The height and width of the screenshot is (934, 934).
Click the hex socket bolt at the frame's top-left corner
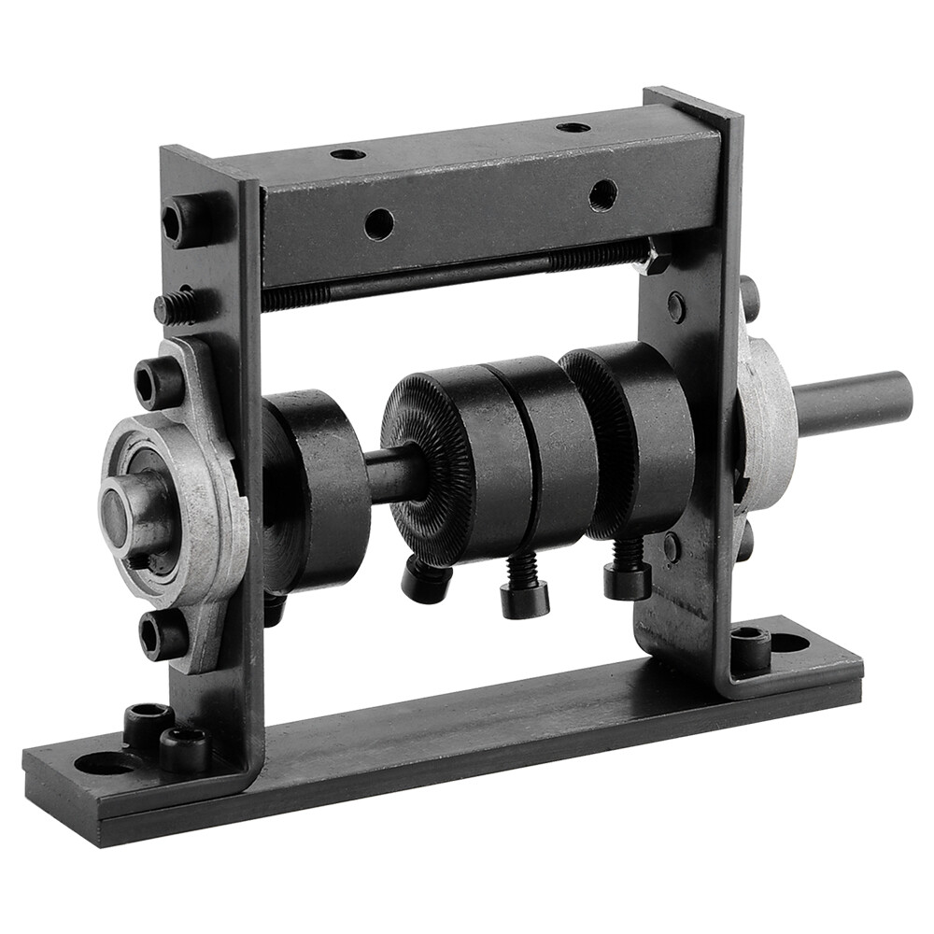tap(179, 221)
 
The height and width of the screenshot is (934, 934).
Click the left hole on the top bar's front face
tap(378, 224)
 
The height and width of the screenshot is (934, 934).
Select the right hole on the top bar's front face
tap(602, 195)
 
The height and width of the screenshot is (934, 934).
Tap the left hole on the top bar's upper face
tap(347, 153)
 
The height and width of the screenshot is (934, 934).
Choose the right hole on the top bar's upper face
tap(573, 126)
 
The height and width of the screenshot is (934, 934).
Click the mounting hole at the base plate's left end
tap(104, 763)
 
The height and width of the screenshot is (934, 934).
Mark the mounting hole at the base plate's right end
tap(790, 643)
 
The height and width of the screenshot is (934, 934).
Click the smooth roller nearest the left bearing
tap(318, 486)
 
